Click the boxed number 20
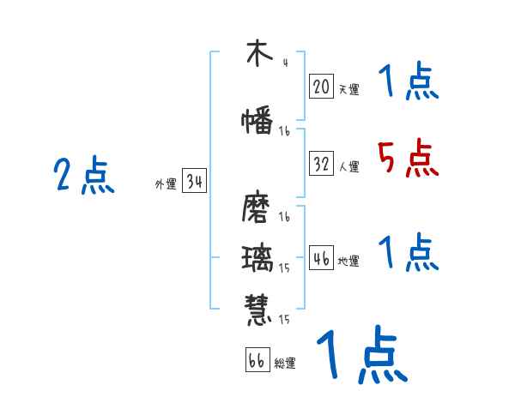(322, 86)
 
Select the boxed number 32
(322, 164)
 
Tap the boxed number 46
(322, 258)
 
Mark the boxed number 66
(257, 360)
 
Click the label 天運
(348, 89)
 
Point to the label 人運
(348, 167)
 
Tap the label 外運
(166, 184)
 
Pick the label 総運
(285, 364)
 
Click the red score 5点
(408, 158)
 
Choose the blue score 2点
(84, 176)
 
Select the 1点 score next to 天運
(408, 82)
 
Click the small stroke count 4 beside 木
(284, 62)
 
